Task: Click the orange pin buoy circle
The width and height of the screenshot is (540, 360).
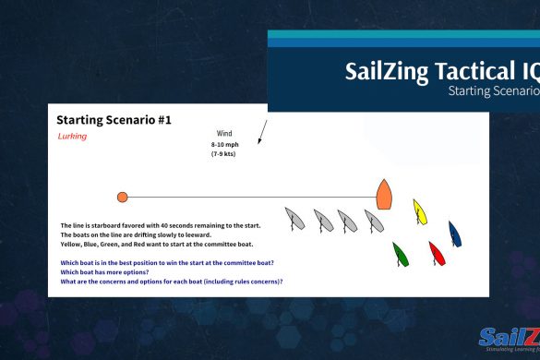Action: point(122,197)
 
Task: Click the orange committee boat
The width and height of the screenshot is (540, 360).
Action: point(384,194)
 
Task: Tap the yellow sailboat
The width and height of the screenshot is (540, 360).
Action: point(421,211)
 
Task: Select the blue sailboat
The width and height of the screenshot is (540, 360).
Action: point(455,234)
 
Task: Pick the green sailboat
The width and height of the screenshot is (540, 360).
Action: point(400,253)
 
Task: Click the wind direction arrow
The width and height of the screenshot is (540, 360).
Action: point(261,134)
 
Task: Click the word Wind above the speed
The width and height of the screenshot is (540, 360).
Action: point(223,134)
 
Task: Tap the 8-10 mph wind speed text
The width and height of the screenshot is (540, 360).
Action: point(223,144)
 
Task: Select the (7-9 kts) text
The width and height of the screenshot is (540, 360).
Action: point(223,153)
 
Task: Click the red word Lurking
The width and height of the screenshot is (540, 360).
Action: point(72,137)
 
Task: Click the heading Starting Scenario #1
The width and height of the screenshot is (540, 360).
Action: point(114,120)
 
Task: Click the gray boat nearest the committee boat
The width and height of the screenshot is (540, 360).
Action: point(373,220)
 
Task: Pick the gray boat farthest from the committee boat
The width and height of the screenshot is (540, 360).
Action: point(295,219)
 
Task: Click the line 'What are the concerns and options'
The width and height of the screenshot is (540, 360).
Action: point(171,281)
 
